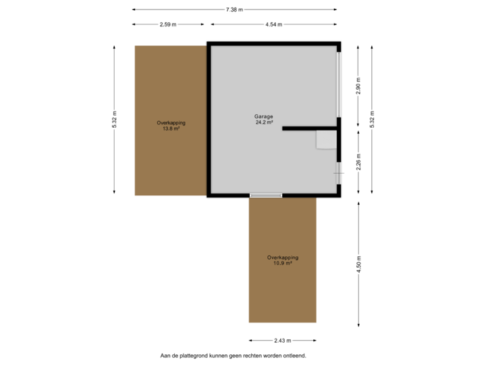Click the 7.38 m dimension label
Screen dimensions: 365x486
tap(234, 9)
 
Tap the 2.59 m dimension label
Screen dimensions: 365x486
tap(168, 24)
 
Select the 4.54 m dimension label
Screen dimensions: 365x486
tap(273, 24)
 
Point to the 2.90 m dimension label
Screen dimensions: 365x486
tap(358, 85)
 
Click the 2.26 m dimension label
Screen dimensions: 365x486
tap(358, 162)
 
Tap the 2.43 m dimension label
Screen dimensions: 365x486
tap(282, 340)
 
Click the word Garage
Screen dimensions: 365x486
tap(264, 117)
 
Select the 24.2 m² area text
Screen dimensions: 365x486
tap(264, 123)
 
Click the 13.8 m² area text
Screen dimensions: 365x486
tap(171, 128)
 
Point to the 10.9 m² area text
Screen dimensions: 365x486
tap(282, 263)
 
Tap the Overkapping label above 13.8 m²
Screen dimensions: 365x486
tap(171, 122)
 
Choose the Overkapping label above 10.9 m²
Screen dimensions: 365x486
tap(282, 257)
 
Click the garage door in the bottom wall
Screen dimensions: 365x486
tap(266, 195)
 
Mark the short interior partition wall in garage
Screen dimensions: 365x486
tap(309, 128)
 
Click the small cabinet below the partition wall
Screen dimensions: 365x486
tap(327, 139)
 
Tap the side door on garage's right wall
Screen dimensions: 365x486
tap(339, 172)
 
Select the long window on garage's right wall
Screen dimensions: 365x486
tap(339, 84)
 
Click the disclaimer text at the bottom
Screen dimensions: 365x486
tap(234, 355)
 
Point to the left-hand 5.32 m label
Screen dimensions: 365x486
tap(115, 120)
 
